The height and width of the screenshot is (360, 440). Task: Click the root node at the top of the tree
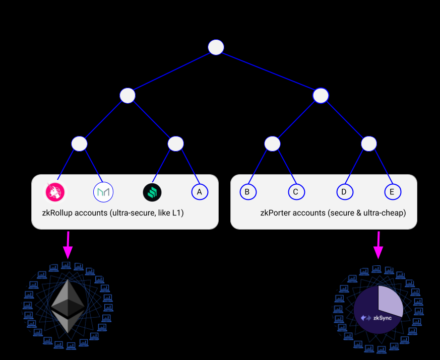tap(216, 47)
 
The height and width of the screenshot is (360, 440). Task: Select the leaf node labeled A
tap(200, 192)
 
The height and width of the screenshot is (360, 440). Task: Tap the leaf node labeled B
tap(247, 192)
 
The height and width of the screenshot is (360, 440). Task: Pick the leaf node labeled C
tap(296, 192)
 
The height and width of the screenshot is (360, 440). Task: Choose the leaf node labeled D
tap(344, 192)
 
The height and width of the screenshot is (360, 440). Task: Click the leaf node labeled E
tap(392, 192)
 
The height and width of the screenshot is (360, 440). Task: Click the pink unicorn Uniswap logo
tap(55, 192)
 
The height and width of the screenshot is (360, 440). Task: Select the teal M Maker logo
tap(103, 192)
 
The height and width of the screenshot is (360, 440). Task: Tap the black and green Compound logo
tap(152, 192)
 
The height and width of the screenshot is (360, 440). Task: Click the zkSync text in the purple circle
tap(383, 318)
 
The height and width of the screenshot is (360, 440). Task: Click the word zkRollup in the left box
tap(57, 213)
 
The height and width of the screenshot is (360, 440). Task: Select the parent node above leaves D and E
tap(369, 143)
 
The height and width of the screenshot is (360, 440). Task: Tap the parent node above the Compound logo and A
tap(175, 143)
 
